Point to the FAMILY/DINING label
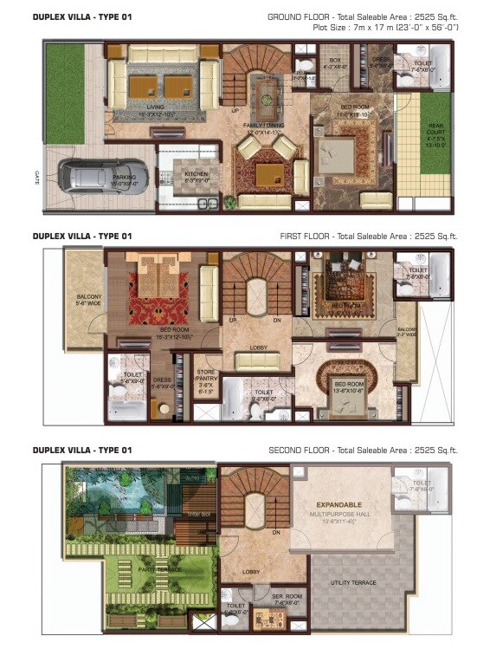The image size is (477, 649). tap(263, 129)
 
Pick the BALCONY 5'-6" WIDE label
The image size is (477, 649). tap(84, 298)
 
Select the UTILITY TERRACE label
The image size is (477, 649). tap(353, 582)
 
